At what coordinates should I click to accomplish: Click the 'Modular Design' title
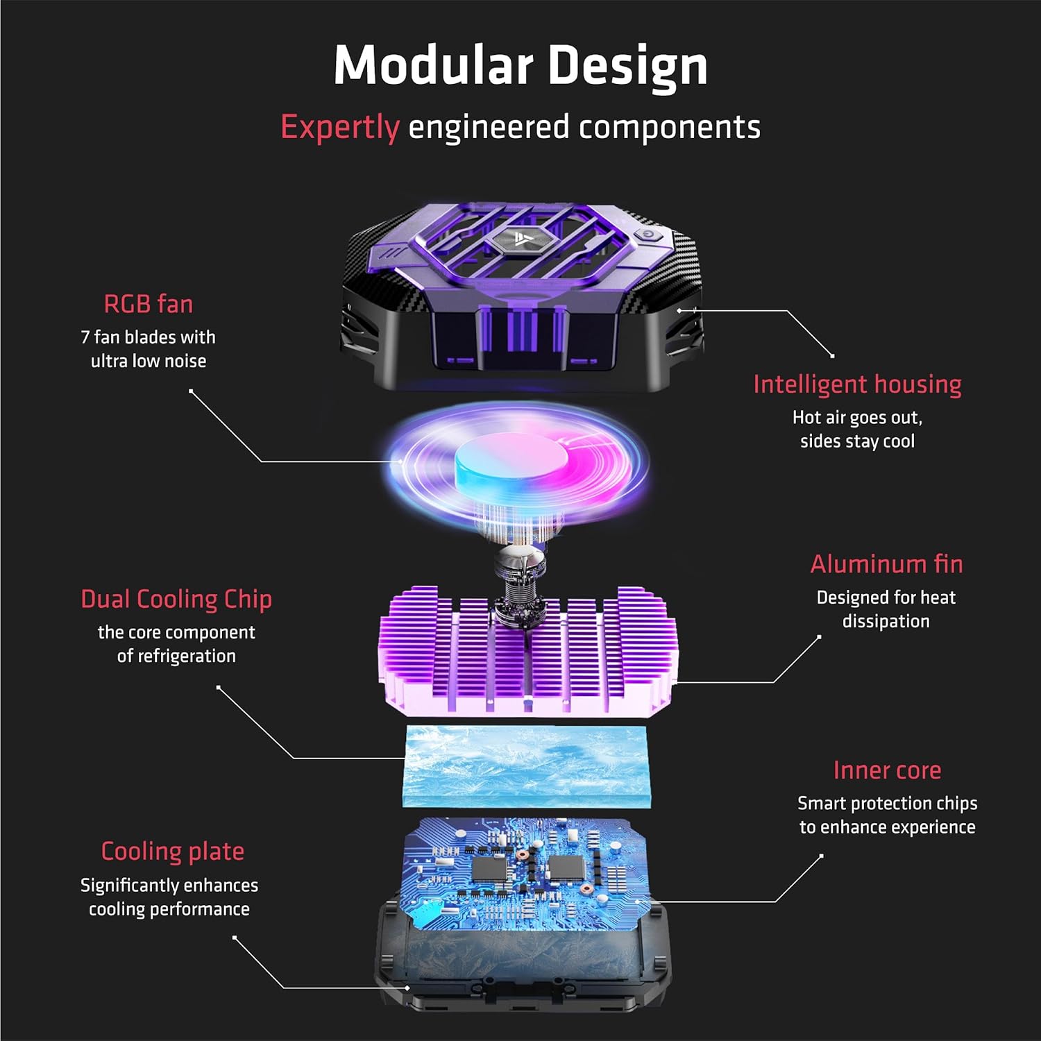[x=520, y=66]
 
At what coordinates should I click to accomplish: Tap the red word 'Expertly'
[x=340, y=128]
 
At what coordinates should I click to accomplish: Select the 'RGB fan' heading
[x=149, y=304]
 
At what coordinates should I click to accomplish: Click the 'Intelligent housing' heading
[x=857, y=385]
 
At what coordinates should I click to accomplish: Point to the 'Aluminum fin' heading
[x=886, y=564]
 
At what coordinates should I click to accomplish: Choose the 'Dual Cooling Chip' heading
[x=176, y=600]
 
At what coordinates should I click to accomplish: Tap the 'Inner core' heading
[x=887, y=770]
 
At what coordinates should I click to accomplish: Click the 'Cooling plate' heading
[x=173, y=852]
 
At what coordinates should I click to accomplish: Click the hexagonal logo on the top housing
[x=521, y=240]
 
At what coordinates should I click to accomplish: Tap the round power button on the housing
[x=648, y=235]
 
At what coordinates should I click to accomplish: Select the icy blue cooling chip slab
[x=525, y=766]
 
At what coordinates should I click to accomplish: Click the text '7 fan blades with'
[x=149, y=337]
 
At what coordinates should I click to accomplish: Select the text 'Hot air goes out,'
[x=857, y=418]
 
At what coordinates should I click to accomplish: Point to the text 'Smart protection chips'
[x=887, y=804]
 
